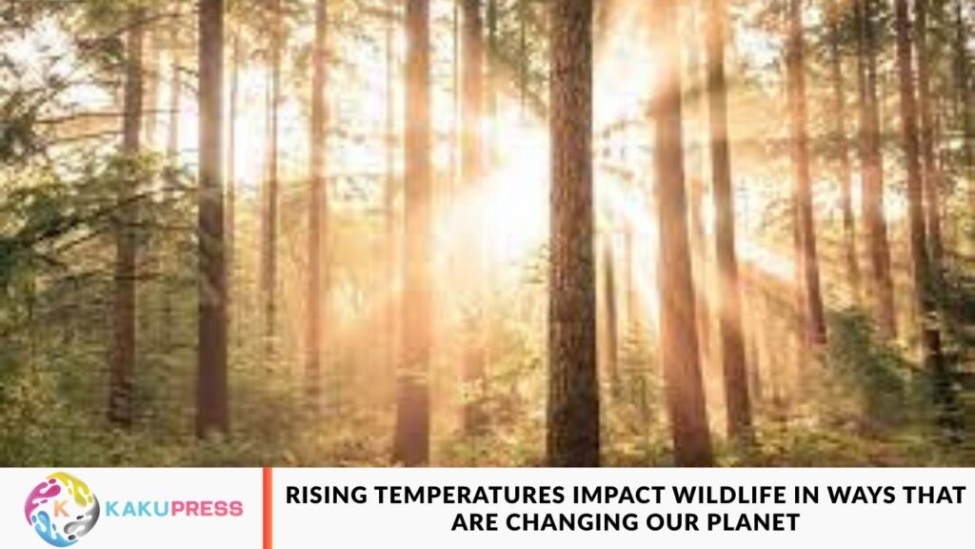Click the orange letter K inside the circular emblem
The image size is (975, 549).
60,505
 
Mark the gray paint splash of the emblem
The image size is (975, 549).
83,523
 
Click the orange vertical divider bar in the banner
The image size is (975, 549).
268,508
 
